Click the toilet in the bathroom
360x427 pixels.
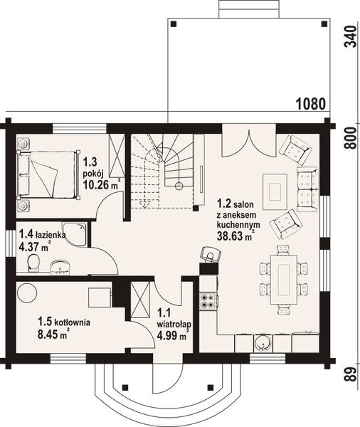tap(31, 264)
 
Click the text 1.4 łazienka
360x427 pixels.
tap(43, 233)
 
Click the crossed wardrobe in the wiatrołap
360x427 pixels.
tap(138, 301)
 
